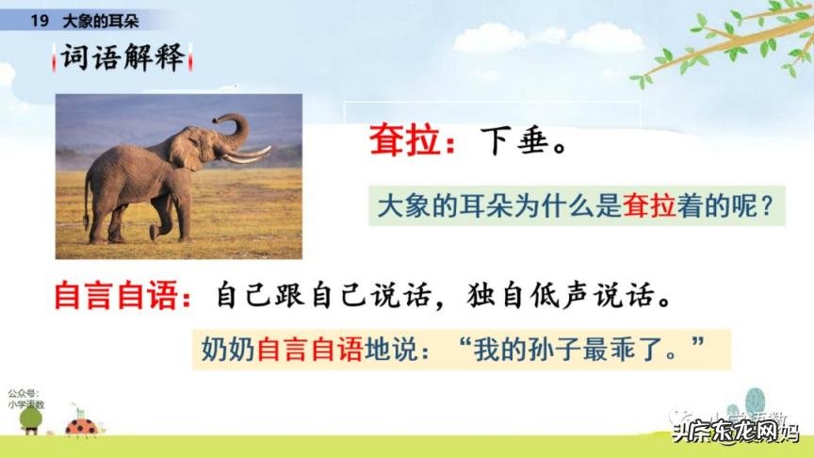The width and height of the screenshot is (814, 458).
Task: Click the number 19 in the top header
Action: coord(39,20)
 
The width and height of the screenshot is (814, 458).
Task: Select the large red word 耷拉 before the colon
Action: coord(406,147)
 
